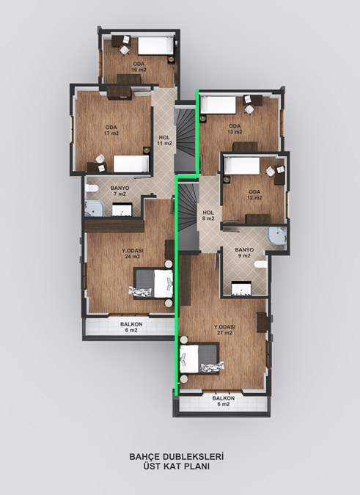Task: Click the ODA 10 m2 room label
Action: tap(139, 67)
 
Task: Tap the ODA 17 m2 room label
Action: tap(111, 130)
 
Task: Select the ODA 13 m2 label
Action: tap(235, 129)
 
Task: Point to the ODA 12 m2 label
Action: tap(254, 195)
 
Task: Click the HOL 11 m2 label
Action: tap(164, 141)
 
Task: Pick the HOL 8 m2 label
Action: tap(208, 216)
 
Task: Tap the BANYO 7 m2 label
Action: tap(120, 191)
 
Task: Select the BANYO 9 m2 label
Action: tap(244, 252)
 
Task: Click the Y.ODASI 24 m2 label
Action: tap(133, 254)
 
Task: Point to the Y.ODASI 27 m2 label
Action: tap(224, 330)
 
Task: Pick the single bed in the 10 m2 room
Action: tap(156, 46)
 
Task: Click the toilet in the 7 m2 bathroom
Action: tap(92, 188)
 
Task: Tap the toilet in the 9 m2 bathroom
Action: tap(261, 265)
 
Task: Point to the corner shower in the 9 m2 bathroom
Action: tap(277, 236)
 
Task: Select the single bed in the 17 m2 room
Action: tap(131, 164)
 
